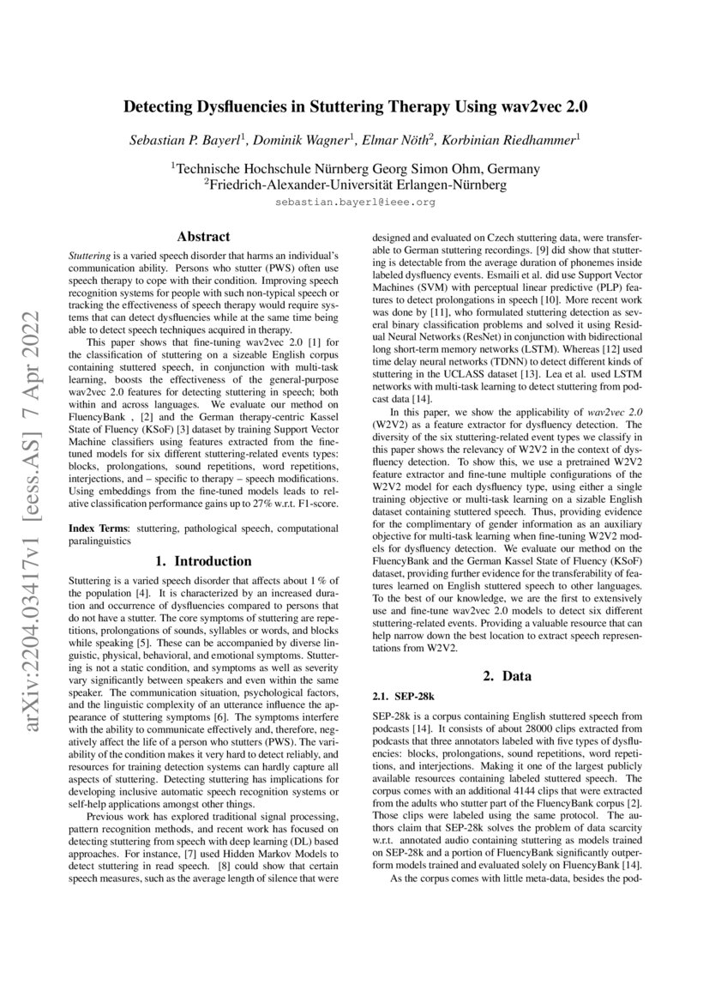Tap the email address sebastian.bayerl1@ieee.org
pos(355,202)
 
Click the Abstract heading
pos(203,236)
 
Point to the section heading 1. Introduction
pos(203,561)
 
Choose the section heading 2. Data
pos(506,675)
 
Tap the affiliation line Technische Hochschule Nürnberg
pos(355,168)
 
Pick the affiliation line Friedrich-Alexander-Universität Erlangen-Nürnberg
pos(355,184)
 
